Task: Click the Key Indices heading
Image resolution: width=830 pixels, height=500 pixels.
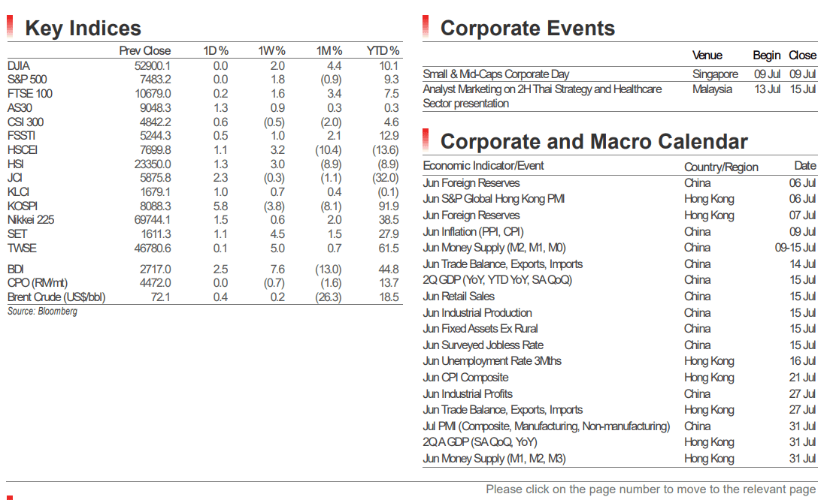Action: coord(83,28)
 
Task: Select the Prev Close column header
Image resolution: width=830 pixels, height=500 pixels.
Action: coord(144,51)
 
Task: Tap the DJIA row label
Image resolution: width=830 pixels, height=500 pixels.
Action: coord(19,65)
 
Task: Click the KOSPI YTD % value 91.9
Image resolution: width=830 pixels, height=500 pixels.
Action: coord(389,206)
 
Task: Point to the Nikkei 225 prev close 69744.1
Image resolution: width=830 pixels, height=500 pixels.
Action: coord(153,220)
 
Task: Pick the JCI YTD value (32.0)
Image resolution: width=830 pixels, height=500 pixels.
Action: coord(386,178)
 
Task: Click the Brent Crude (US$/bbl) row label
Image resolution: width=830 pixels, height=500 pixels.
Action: coord(56,297)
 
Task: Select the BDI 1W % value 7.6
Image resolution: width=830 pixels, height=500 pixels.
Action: coord(277,269)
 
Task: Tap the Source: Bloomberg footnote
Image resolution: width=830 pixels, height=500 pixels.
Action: coord(42,312)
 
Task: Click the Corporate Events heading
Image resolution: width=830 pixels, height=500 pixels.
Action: coord(528,28)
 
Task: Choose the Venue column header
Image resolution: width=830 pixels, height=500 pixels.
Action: coord(707,56)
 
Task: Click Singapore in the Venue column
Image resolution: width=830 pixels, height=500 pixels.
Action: coord(715,74)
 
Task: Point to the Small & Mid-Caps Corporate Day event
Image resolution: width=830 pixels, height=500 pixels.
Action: coord(496,74)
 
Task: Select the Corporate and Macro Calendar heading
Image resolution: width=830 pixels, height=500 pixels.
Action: coord(594,142)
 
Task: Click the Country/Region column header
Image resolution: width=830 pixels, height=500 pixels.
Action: coord(721,167)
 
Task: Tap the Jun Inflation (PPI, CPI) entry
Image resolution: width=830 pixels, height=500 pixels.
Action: coord(473,231)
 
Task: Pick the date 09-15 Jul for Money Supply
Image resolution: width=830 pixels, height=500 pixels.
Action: coord(795,247)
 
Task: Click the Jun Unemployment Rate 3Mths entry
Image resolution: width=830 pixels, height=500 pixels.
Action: coord(492,361)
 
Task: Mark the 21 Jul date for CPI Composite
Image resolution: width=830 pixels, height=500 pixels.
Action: coord(802,378)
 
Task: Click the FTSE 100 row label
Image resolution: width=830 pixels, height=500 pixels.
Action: coord(29,94)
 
